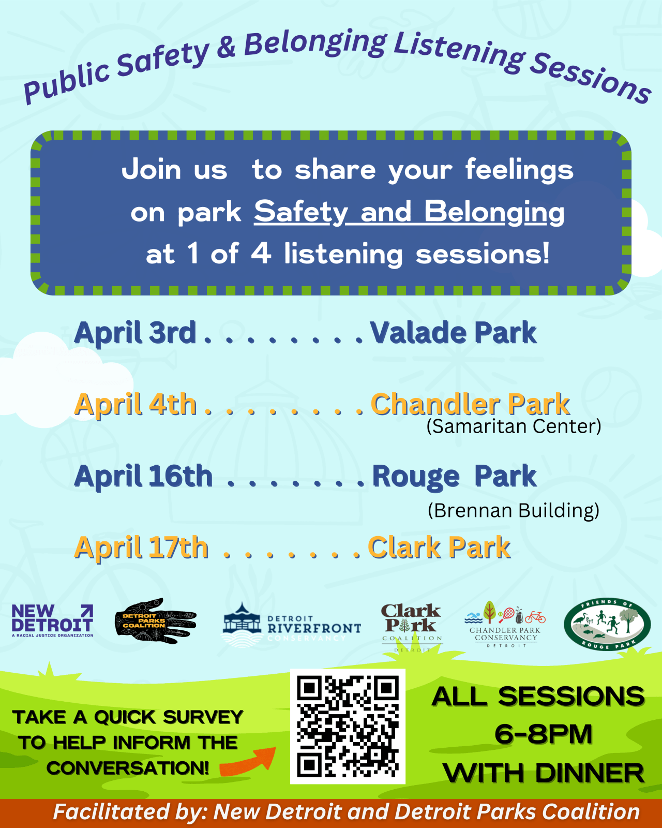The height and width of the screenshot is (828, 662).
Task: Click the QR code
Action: pos(348,726)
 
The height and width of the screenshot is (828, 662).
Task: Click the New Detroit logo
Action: pos(52,620)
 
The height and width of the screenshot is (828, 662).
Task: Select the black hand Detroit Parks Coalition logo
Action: pos(156,620)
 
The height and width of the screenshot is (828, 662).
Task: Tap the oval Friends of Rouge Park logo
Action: pos(607,624)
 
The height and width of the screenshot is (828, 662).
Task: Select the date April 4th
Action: pos(135,405)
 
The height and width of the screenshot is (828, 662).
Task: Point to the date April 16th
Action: pos(143,477)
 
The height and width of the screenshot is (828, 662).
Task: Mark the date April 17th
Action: pos(141,548)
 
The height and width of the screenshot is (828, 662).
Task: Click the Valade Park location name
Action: pos(453,332)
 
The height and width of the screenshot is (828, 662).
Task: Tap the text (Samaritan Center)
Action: pos(514,427)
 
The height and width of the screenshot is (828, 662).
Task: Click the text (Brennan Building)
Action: pos(514,511)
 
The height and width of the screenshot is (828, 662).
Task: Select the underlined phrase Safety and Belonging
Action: pos(409,212)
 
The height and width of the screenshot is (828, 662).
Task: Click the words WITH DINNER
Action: pos(544,773)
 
